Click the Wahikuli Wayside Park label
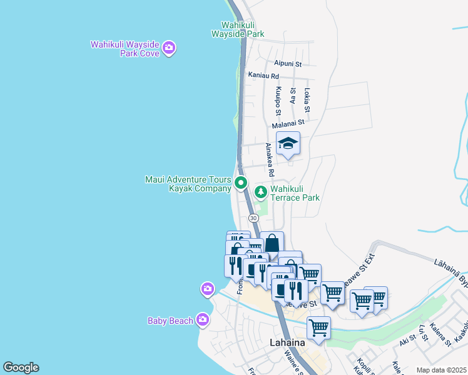(237, 29)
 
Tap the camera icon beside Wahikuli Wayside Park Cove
(168, 47)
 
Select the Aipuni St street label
(288, 64)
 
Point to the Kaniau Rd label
(263, 75)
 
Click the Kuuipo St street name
(278, 101)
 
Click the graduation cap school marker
(288, 144)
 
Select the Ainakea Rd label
(270, 159)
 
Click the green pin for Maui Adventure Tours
(242, 184)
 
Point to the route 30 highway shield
(253, 217)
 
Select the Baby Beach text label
(170, 321)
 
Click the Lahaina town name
(287, 342)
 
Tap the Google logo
(21, 367)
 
